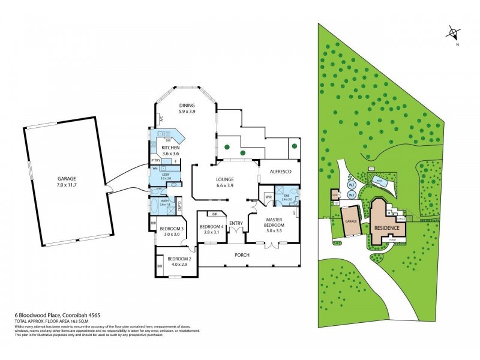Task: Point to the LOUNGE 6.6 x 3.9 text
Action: click(226, 182)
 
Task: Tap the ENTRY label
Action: click(236, 223)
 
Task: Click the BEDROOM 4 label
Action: click(213, 229)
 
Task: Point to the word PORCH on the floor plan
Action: click(242, 255)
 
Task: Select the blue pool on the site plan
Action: click(380, 180)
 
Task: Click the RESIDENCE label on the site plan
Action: click(387, 228)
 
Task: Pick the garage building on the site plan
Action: click(351, 221)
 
